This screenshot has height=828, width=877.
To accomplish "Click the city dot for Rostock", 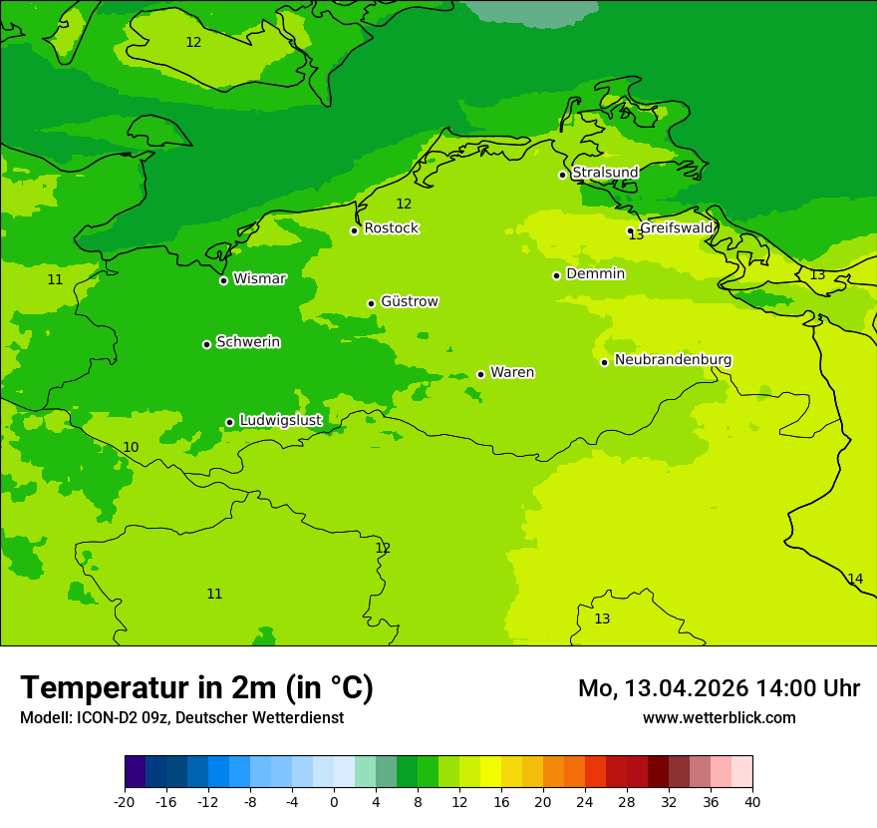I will click(x=354, y=230).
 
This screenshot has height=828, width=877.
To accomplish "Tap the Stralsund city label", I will click(x=605, y=173).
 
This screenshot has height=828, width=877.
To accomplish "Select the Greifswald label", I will click(x=677, y=227).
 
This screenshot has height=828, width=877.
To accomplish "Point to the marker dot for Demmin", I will click(x=556, y=275).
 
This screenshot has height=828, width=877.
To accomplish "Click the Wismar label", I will click(x=259, y=278).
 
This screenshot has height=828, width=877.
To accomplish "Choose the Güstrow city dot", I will click(x=371, y=303).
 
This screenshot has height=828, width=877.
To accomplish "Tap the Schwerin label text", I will click(x=248, y=342).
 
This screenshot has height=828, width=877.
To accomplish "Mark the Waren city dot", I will click(x=480, y=374).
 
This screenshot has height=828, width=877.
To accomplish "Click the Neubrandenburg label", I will click(x=673, y=359).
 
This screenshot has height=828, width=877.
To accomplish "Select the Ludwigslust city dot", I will click(x=229, y=422).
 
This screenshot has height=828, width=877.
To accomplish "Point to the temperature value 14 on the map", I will click(x=855, y=579).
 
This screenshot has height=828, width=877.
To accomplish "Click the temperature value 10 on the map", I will click(x=131, y=447).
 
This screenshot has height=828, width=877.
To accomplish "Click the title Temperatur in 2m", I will click(x=196, y=687).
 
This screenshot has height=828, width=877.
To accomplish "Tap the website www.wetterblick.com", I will click(x=719, y=717).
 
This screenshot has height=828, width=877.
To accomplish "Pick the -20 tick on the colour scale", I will click(x=125, y=801).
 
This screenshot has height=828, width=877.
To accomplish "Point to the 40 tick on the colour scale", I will click(x=752, y=801).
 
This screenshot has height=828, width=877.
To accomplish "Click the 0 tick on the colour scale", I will click(x=334, y=801).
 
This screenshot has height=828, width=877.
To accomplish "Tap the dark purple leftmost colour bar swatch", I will click(x=135, y=772).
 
